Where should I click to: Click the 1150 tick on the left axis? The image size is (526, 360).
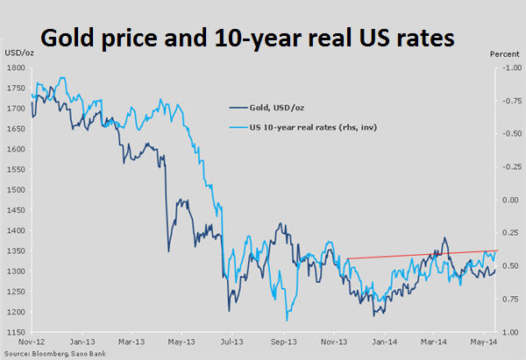[15, 331]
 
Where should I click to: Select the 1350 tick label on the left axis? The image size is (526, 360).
[15, 251]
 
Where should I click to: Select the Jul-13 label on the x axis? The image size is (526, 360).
[231, 342]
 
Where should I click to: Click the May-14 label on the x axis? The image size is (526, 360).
[480, 342]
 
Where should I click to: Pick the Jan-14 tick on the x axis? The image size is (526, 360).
[380, 342]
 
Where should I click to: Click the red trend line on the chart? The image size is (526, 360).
[421, 254]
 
